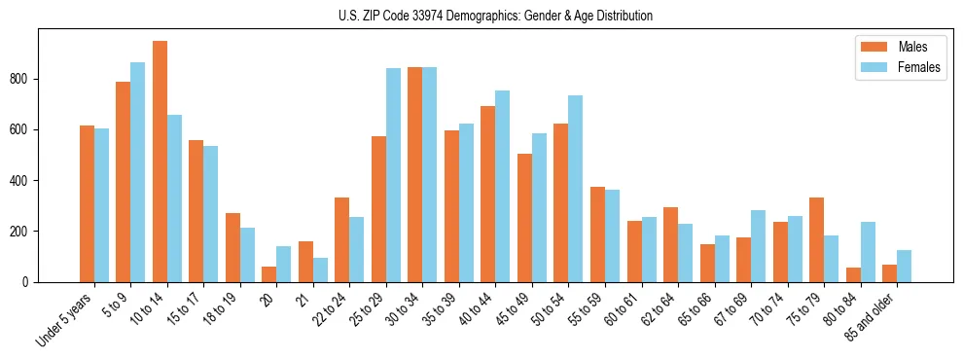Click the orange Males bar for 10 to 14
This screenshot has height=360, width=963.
click(x=160, y=162)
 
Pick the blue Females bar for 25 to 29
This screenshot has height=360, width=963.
click(x=393, y=175)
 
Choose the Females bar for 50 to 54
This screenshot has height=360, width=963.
click(x=576, y=189)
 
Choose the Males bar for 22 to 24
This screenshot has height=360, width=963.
click(x=342, y=239)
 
